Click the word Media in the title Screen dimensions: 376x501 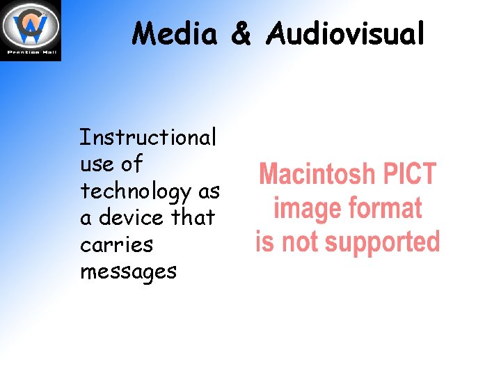pyautogui.click(x=176, y=33)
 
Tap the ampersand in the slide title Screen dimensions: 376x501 pyautogui.click(x=240, y=33)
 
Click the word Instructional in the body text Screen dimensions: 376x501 pyautogui.click(x=148, y=137)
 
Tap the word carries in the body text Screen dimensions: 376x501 pyautogui.click(x=116, y=245)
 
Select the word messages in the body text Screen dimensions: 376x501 pyautogui.click(x=128, y=272)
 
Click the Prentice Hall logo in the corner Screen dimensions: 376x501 pyautogui.click(x=31, y=26)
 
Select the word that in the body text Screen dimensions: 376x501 pyautogui.click(x=193, y=218)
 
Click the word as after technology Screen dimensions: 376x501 pyautogui.click(x=208, y=192)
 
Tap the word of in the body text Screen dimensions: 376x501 pyautogui.click(x=131, y=165)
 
